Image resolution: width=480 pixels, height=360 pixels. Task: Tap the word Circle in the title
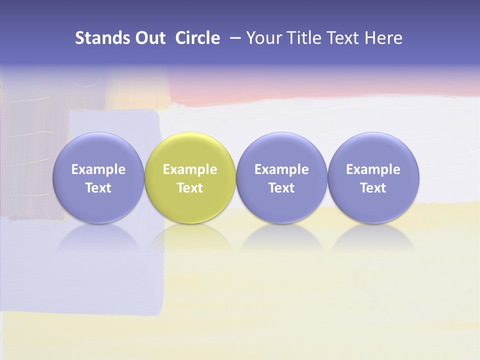coord(197,38)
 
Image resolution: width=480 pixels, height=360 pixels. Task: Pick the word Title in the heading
coord(305,38)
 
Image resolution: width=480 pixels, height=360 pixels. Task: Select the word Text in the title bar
coord(344,38)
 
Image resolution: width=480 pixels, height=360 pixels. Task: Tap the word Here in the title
coord(383,38)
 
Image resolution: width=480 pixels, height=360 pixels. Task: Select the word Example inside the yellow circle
coord(190,169)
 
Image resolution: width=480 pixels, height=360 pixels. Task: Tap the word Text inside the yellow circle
coord(190,188)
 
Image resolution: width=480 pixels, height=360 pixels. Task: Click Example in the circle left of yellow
coord(98,169)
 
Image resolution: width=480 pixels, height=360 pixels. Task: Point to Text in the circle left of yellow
coord(98,188)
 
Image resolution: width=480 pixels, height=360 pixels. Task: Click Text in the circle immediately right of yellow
coord(281,188)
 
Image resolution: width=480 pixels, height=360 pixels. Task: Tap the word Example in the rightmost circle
coord(373,169)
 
